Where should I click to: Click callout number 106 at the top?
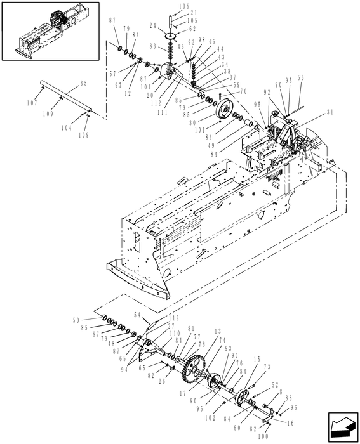tap(166, 6)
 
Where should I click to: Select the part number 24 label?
tap(153, 26)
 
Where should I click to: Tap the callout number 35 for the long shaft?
tap(83, 82)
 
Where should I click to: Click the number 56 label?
tap(300, 78)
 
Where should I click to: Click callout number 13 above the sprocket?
tap(217, 331)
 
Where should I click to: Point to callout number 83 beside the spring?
tap(152, 47)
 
